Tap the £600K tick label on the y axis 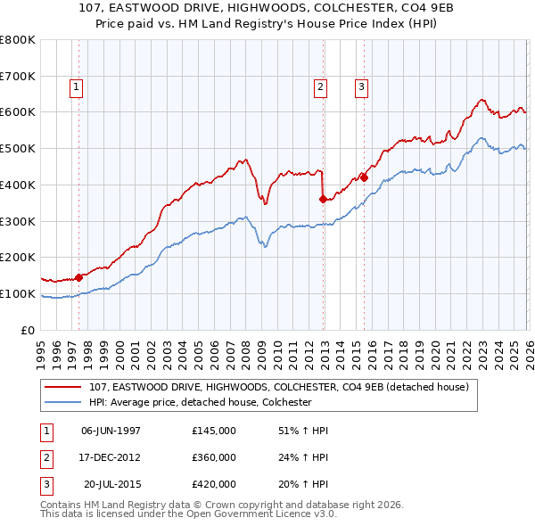pos(18,112)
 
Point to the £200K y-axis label pos(18,257)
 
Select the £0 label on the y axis pos(29,330)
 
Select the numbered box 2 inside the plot pos(319,87)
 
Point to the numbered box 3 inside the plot pos(361,87)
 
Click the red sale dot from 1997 pos(78,277)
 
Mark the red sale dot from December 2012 pos(323,200)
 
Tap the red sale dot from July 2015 pos(364,177)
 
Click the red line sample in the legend pos(63,387)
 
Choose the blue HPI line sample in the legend pos(63,402)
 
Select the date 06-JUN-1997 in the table pos(111,431)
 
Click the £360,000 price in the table pos(214,457)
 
